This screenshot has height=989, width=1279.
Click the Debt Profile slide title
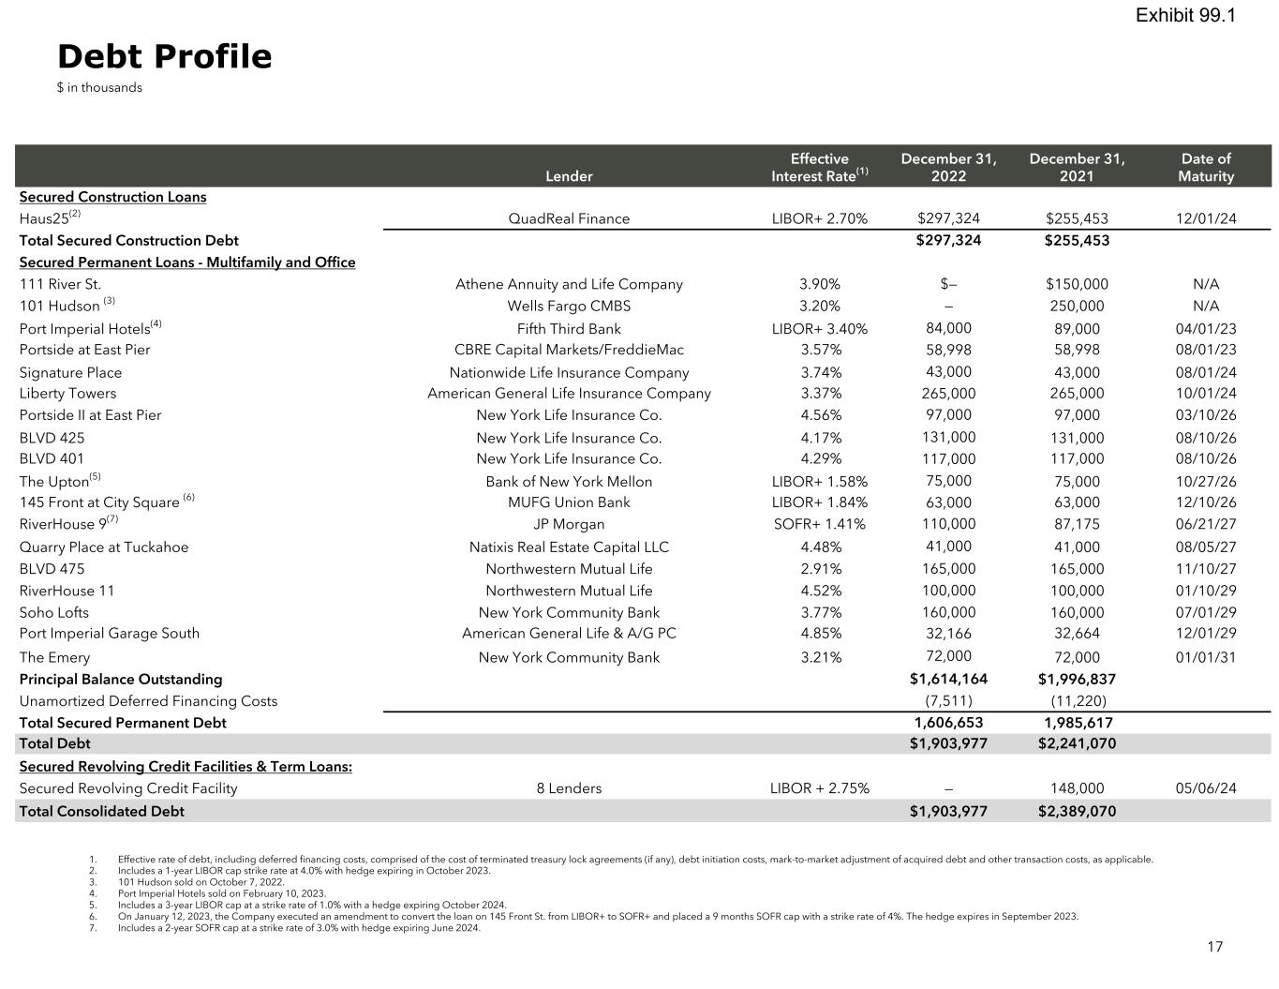(x=165, y=57)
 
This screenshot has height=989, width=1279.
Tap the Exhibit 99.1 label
(x=1185, y=15)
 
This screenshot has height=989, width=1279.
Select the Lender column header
(x=569, y=176)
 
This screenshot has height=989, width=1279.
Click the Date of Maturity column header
(x=1205, y=167)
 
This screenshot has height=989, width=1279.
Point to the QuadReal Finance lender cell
(x=569, y=218)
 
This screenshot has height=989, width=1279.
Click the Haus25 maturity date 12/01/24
(x=1205, y=218)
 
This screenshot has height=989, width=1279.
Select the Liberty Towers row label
(x=68, y=394)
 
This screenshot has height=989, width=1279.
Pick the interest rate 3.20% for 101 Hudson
(x=819, y=306)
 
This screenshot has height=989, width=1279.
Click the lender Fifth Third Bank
(x=569, y=328)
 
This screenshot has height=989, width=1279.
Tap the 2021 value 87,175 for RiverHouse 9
(x=1077, y=524)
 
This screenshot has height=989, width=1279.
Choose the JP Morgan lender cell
(x=569, y=524)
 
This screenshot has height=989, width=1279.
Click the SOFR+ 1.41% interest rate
(x=819, y=524)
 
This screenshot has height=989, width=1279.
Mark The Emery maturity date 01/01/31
(x=1205, y=657)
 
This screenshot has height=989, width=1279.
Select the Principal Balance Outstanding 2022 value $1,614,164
(x=948, y=679)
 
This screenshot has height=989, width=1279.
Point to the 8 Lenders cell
(x=569, y=788)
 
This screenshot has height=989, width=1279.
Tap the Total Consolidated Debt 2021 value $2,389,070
(x=1077, y=811)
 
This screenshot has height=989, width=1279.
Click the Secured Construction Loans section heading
(x=112, y=197)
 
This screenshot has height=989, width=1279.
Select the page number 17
(x=1214, y=947)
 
